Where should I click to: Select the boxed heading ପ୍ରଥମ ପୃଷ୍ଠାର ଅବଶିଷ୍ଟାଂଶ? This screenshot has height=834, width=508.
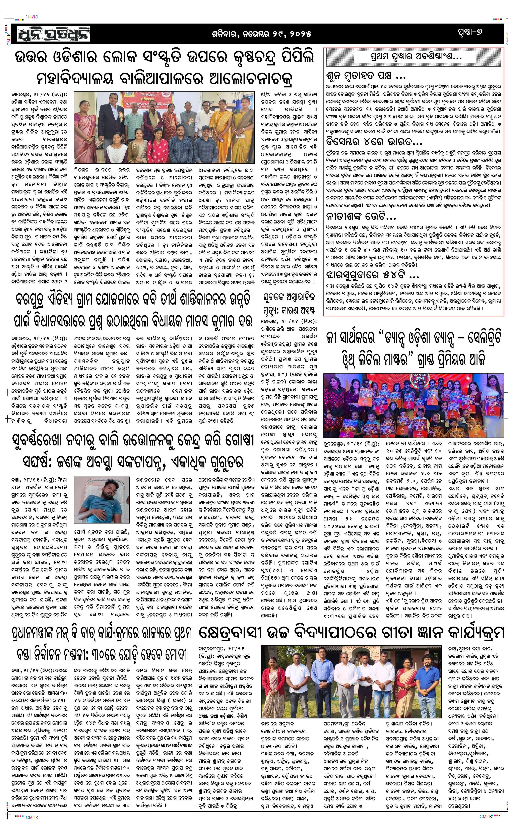click(x=413, y=57)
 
